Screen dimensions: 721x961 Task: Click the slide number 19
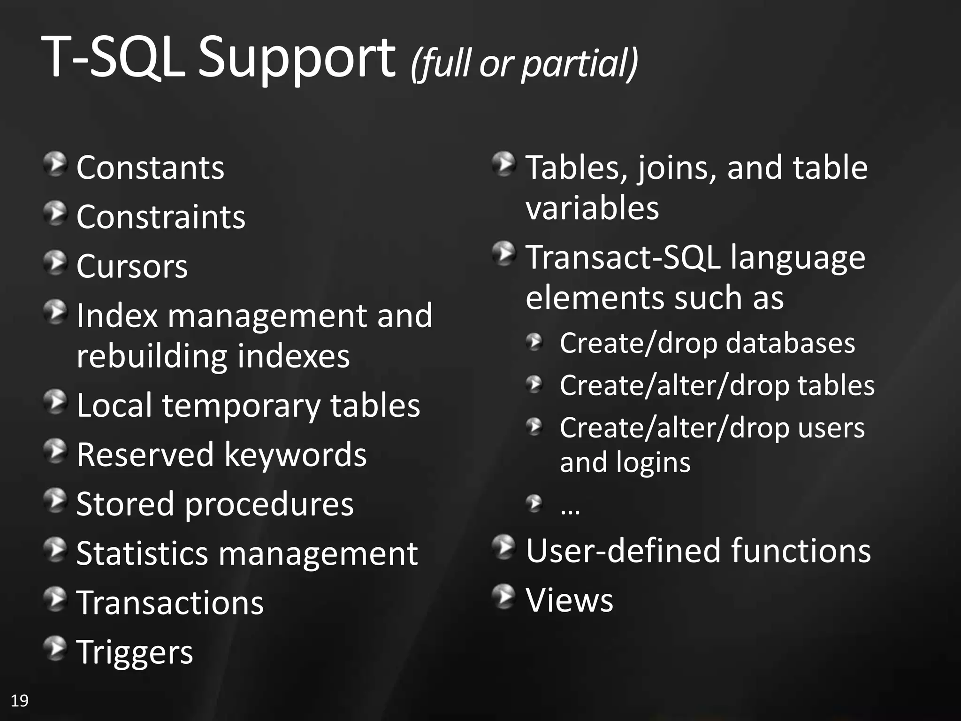pos(20,701)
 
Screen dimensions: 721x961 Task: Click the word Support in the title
pos(297,59)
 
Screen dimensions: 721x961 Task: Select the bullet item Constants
pos(150,168)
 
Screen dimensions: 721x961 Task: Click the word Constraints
pos(160,217)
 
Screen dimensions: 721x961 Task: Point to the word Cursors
pos(132,266)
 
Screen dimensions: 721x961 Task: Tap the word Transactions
pos(170,603)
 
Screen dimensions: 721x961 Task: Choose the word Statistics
pos(142,553)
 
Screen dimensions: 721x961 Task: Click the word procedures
pos(269,505)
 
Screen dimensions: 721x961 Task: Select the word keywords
pos(295,455)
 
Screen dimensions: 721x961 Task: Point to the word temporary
pos(241,406)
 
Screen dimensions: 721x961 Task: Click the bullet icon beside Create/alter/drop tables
pos(534,385)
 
